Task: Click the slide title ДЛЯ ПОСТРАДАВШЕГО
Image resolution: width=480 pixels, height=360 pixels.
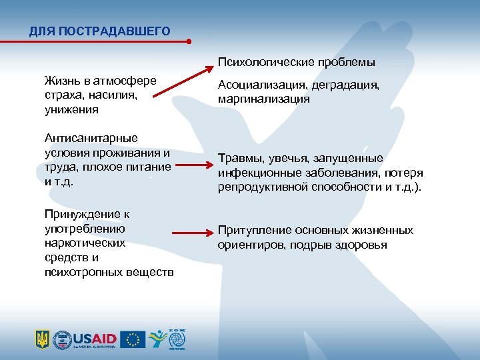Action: [99, 31]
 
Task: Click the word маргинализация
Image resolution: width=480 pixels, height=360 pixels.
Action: [263, 98]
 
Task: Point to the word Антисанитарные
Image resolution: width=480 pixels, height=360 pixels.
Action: [91, 137]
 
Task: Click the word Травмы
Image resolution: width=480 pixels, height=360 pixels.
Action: [241, 158]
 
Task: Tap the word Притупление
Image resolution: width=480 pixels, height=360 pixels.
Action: [252, 230]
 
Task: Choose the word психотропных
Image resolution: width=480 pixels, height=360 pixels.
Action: [84, 273]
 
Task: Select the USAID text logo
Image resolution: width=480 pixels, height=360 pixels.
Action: [94, 337]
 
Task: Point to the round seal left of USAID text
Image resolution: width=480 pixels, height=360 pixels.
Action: [62, 339]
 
